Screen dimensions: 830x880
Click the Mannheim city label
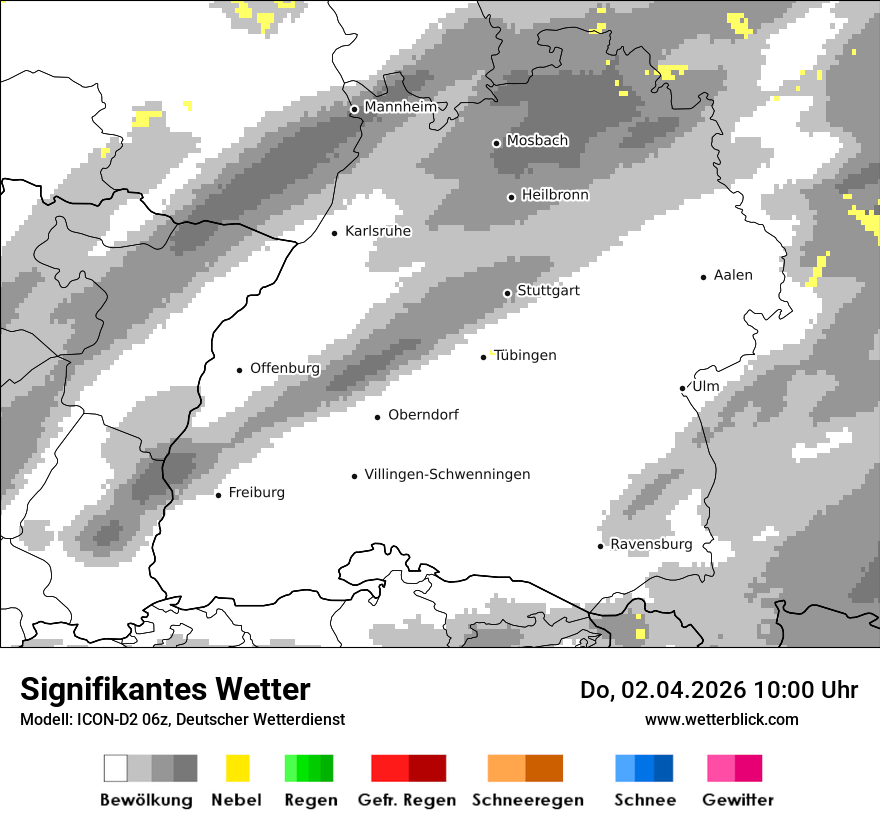point(401,107)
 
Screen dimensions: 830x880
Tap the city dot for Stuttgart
point(507,293)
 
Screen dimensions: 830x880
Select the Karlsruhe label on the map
point(378,231)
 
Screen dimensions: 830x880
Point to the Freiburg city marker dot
point(218,495)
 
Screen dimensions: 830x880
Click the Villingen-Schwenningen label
point(447,474)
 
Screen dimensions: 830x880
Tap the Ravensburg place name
point(651,544)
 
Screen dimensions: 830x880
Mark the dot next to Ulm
point(682,388)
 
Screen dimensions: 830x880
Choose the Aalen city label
point(733,275)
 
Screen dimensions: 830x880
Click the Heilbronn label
point(555,195)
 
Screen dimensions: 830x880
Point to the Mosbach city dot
point(496,143)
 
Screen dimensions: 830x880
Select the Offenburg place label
point(285,368)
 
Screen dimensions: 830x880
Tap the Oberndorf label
point(423,415)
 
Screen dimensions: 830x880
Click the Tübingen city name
point(525,355)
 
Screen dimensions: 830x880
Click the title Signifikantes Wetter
point(165,689)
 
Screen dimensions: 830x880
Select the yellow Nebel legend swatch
point(237,768)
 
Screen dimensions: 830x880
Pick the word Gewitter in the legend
point(738,800)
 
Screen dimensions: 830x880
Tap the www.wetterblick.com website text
point(721,719)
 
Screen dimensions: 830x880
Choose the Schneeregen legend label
point(528,800)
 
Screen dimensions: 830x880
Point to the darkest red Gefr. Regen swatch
point(427,768)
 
